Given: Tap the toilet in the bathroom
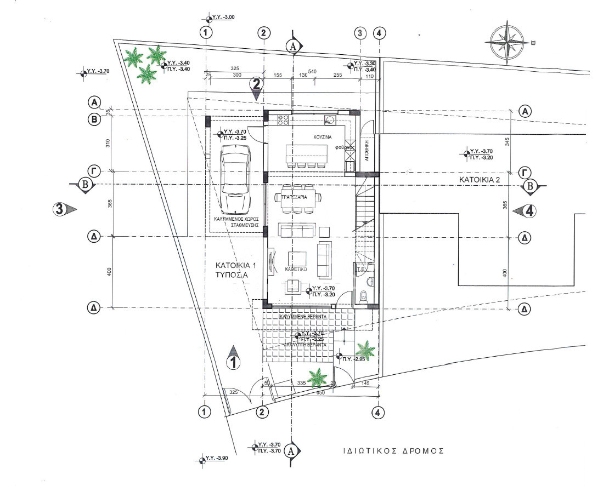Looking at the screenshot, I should [363, 296].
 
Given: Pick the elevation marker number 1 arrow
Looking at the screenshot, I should [233, 358].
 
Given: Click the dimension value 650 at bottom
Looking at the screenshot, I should [321, 392].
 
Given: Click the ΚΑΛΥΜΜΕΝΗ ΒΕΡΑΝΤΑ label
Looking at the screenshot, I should [303, 317].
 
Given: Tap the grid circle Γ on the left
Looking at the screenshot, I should [95, 172].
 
